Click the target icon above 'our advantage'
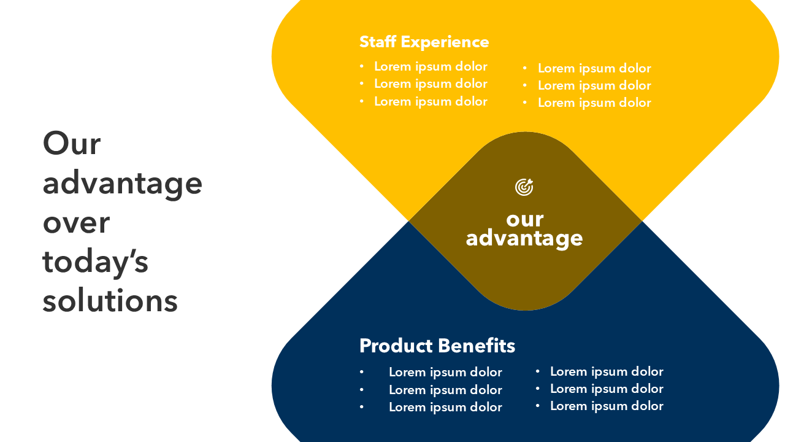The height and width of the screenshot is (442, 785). [524, 187]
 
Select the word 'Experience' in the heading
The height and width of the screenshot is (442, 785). [445, 43]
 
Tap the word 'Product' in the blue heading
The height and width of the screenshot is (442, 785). [396, 346]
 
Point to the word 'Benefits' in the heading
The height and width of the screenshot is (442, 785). [477, 346]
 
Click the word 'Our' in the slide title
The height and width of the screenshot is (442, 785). [72, 144]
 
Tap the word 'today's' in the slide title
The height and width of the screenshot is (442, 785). [95, 263]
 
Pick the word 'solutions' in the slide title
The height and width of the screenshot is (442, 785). [110, 301]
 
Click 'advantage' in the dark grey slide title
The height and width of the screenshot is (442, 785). [122, 184]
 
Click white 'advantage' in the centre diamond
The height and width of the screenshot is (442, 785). [524, 239]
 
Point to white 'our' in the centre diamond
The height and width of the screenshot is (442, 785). [524, 220]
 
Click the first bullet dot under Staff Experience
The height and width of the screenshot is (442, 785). [362, 66]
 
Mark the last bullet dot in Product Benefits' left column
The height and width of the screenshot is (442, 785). [362, 407]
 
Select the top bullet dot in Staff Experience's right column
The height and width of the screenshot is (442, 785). [524, 68]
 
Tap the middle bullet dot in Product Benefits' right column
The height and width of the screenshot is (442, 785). [538, 389]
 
